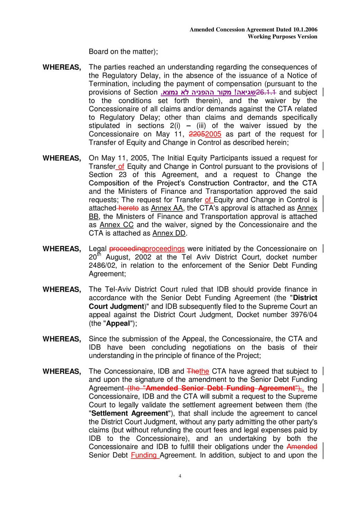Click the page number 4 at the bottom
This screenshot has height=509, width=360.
180,476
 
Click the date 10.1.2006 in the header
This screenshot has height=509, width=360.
305,30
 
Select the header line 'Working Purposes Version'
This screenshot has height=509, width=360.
282,37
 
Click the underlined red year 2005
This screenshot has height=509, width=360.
213,134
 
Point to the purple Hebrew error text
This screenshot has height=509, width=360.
208,92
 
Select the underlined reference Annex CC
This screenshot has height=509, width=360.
117,225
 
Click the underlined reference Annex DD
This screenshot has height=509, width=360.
169,233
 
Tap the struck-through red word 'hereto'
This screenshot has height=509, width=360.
128,208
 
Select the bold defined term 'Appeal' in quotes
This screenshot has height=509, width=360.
118,324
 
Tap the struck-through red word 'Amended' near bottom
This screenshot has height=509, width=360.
302,447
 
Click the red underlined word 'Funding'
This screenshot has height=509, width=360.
144,455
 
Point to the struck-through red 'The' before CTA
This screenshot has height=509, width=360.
193,371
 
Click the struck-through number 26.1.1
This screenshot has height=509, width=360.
266,92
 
